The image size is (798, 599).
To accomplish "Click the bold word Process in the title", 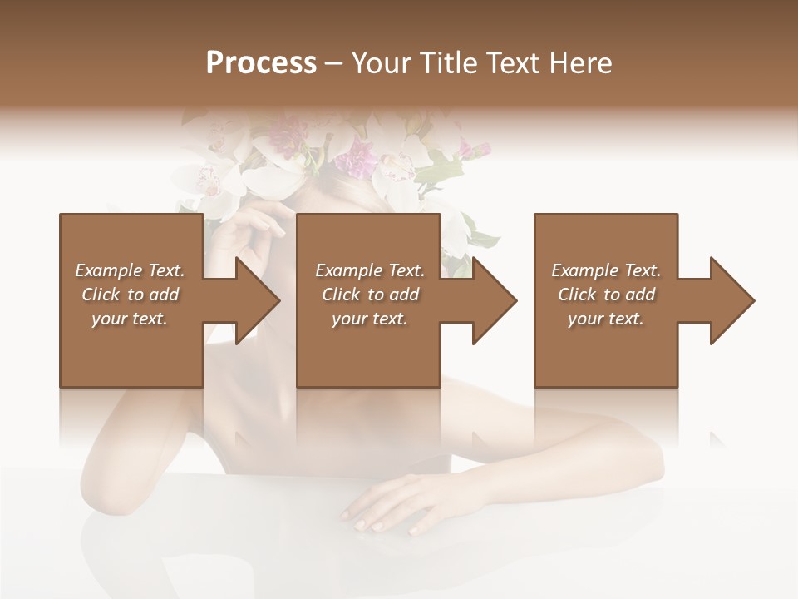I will coord(261,63).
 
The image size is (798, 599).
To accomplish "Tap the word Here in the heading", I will coord(579,63).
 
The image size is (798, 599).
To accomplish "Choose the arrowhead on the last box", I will coord(732,300).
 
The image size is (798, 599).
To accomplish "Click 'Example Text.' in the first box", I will coord(131,270).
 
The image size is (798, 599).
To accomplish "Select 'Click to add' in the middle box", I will coord(370,295).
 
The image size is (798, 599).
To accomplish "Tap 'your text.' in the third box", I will coord(606,319).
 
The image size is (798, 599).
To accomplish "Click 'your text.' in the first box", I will coord(131,319).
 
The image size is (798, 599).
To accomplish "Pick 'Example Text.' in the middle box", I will coord(370,270).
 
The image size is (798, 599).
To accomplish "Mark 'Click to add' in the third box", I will coord(606,295).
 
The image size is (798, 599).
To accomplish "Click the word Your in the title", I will coord(380,63).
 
